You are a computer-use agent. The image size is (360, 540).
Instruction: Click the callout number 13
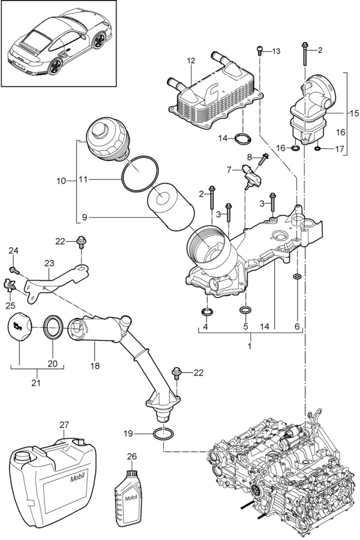pyautogui.click(x=276, y=52)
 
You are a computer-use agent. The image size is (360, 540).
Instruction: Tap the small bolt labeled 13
pyautogui.click(x=260, y=50)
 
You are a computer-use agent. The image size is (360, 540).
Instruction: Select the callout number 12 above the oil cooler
pyautogui.click(x=191, y=61)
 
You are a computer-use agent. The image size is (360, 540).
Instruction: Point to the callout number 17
pyautogui.click(x=340, y=149)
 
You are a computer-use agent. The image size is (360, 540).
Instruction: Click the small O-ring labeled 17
pyautogui.click(x=317, y=149)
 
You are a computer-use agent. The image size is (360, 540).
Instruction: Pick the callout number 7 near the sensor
pyautogui.click(x=229, y=170)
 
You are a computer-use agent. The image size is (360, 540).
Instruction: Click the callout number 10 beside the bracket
pyautogui.click(x=61, y=181)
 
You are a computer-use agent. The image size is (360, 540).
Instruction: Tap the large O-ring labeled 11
pyautogui.click(x=140, y=174)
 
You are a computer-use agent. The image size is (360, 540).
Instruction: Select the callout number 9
pyautogui.click(x=85, y=217)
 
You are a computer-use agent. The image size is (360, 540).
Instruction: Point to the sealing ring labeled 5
pyautogui.click(x=245, y=310)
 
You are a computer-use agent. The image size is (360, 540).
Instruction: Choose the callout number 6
pyautogui.click(x=297, y=326)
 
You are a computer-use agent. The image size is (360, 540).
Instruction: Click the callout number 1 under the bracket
pyautogui.click(x=250, y=346)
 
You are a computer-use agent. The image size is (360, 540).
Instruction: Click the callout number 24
pyautogui.click(x=13, y=251)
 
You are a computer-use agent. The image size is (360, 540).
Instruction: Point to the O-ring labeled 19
pyautogui.click(x=164, y=434)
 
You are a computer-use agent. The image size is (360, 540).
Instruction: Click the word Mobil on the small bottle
pyautogui.click(x=131, y=498)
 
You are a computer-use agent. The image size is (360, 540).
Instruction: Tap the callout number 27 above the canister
pyautogui.click(x=64, y=425)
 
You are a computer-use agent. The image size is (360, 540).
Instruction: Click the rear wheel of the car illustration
pyautogui.click(x=55, y=67)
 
